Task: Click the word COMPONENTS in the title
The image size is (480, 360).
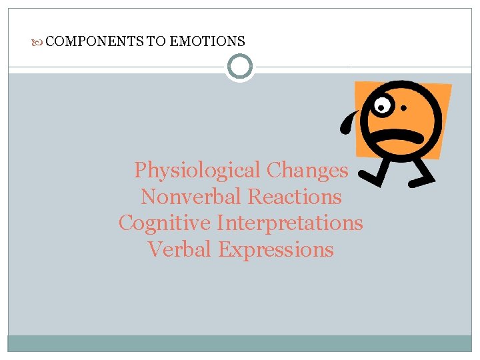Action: point(95,41)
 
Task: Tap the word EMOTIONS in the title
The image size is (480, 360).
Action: point(207,41)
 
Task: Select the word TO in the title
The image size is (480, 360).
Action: point(156,41)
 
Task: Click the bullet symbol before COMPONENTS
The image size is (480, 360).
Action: point(41,41)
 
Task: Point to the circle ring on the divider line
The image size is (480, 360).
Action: point(240,67)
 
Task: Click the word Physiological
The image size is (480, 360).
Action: point(197,171)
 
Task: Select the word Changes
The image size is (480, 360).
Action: point(307,171)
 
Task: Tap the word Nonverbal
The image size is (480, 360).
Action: point(191,197)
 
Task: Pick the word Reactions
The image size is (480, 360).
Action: point(294,197)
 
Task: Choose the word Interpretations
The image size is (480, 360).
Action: point(291,223)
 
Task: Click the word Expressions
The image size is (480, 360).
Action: point(276,249)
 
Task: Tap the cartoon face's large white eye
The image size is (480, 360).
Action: point(383,105)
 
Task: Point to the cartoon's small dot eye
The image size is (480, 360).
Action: point(403,107)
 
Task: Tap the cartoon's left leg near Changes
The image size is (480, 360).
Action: point(377,173)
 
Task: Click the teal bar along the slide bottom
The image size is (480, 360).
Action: point(240,343)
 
